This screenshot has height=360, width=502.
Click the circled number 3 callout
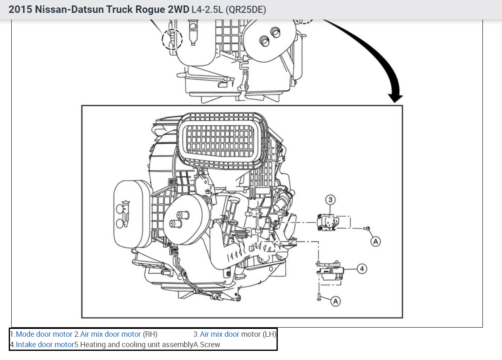click(x=331, y=200)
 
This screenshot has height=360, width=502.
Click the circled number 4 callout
click(x=362, y=269)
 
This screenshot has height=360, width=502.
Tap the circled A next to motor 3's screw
click(x=375, y=240)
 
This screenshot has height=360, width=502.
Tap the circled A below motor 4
click(x=335, y=301)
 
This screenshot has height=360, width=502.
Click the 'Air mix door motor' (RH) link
click(x=110, y=334)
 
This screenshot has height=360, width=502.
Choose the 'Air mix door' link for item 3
click(x=220, y=334)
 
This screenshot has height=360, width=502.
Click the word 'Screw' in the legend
click(x=210, y=344)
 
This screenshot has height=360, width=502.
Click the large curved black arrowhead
click(x=395, y=97)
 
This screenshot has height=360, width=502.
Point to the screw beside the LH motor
click(x=367, y=228)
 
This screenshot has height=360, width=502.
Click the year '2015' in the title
click(x=20, y=10)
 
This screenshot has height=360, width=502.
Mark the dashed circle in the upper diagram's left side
click(x=171, y=39)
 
